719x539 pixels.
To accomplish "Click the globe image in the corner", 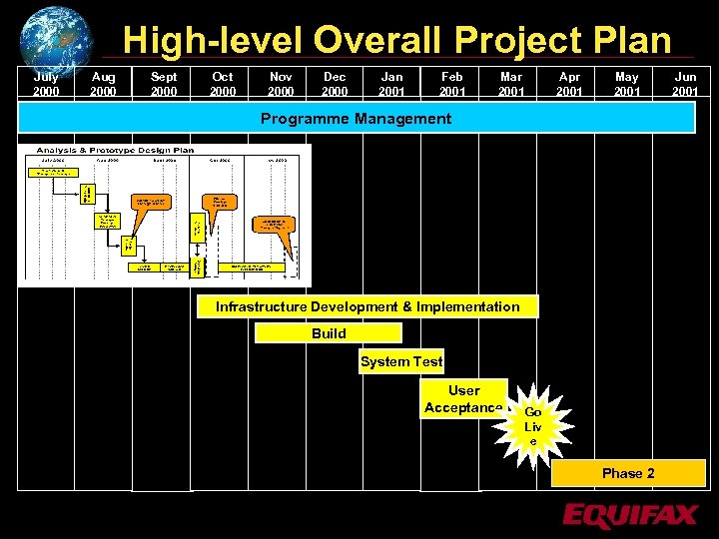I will pos(56,38).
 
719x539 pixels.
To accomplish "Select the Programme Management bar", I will pos(357,118).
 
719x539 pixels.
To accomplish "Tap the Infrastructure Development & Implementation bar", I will pos(367,306).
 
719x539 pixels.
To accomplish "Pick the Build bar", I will pos(329,333).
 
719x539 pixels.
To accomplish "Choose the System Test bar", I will pos(401,361).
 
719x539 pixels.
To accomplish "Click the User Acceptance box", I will pos(463,398).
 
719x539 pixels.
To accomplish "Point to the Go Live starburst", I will pos(533,426).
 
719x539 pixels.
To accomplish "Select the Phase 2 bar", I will pos(628,473).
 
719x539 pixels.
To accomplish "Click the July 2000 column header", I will pos(46,84).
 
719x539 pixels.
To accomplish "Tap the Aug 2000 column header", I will pos(103,84).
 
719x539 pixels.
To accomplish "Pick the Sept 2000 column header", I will pos(164,84).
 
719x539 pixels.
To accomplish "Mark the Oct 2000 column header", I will pos(223,84).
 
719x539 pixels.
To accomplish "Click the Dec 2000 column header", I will pos(335,84).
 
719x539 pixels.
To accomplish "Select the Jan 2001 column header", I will pos(392,84).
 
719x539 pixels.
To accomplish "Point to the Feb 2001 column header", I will pos(452,84).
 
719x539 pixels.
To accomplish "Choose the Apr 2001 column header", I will pos(569,84).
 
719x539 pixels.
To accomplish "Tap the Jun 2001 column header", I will pos(685,84).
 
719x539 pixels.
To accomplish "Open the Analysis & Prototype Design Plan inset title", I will pos(116,150).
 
